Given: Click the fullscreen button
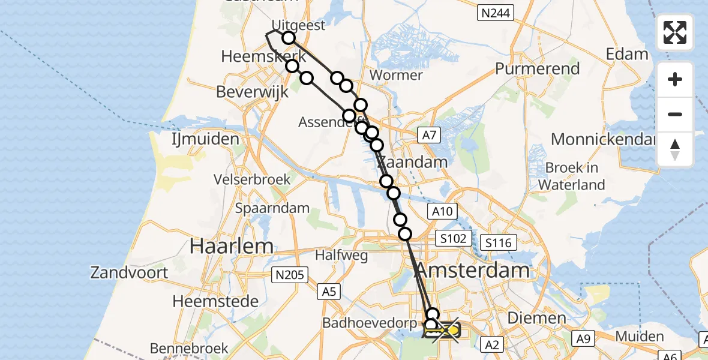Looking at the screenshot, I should pos(675,32).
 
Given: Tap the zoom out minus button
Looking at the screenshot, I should pos(675,114).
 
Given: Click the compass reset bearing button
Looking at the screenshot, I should pos(675,149).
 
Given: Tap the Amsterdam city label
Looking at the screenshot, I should pos(473,270).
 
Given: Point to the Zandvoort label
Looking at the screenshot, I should pos(129,272).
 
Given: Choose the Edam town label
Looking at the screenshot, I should pos(627,54).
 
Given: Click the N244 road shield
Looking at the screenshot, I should pos(496,11).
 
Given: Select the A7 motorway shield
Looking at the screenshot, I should pos(428,135).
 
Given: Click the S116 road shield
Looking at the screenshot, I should pos(499,243).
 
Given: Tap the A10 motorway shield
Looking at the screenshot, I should pos(442,211).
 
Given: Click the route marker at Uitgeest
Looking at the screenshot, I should pos(289,38).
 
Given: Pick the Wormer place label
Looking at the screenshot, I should pos(397,76).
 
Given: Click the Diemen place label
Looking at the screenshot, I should pos(528,318).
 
